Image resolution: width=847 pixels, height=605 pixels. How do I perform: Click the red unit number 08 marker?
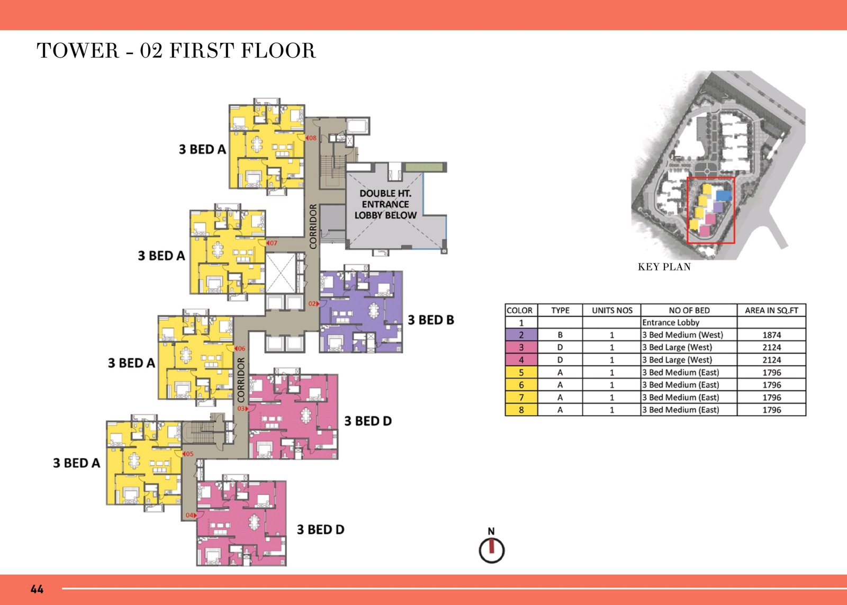(x=311, y=138)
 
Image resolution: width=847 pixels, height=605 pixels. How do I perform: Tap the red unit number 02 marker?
(x=314, y=304)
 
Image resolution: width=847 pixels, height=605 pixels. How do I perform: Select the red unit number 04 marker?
(x=191, y=515)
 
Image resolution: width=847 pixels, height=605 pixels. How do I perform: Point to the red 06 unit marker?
(x=240, y=348)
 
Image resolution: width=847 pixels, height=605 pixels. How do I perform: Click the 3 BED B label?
(x=431, y=320)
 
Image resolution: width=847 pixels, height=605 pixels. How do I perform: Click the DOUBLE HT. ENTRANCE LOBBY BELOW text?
(x=385, y=204)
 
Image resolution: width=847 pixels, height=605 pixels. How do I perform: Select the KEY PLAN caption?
(x=664, y=267)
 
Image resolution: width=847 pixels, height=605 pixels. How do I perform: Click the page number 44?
(x=37, y=589)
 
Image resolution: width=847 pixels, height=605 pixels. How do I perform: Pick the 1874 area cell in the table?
(x=771, y=335)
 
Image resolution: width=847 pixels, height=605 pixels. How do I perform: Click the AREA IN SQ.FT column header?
(x=771, y=311)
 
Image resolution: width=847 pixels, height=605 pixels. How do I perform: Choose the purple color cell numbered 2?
(x=521, y=335)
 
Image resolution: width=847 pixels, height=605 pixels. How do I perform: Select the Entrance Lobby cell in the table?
(x=670, y=322)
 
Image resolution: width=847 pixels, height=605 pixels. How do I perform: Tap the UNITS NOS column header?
(x=612, y=311)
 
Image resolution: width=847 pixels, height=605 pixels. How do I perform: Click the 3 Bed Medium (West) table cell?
(x=682, y=335)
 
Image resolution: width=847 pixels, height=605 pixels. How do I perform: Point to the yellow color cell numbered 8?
(x=521, y=410)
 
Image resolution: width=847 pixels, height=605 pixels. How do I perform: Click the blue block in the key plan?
(x=724, y=195)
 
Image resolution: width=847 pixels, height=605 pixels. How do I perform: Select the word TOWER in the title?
(x=77, y=51)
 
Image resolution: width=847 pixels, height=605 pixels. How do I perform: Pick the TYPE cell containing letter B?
(x=560, y=335)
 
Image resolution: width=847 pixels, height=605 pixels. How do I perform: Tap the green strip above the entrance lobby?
(x=424, y=167)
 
